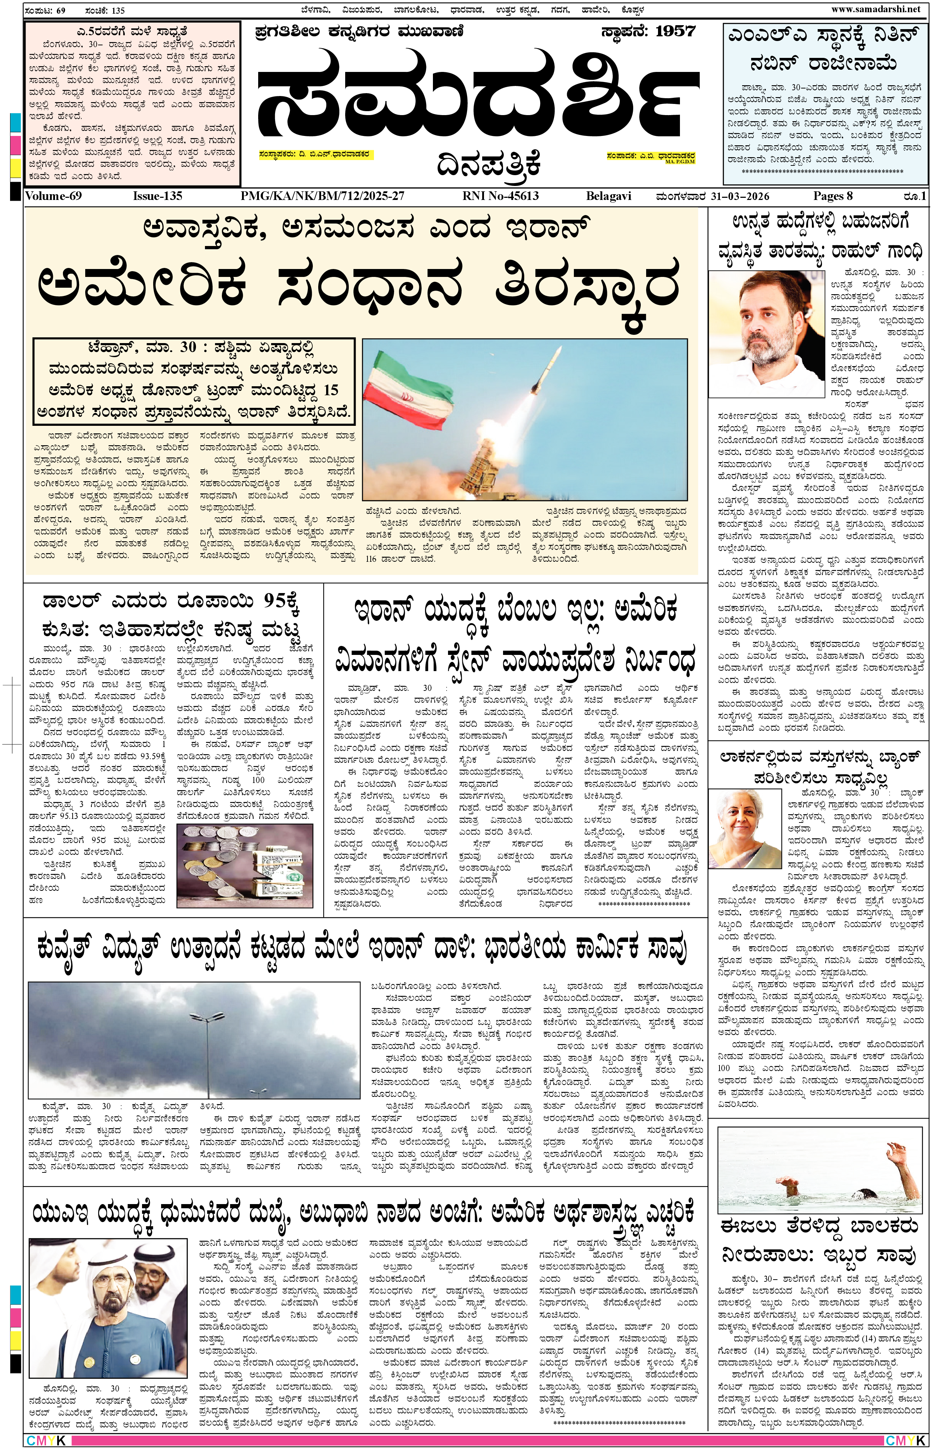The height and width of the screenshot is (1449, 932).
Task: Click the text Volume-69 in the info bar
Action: pyautogui.click(x=53, y=196)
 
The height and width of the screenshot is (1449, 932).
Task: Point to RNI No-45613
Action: pyautogui.click(x=500, y=196)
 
